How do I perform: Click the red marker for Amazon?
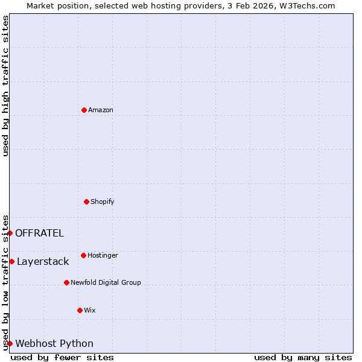[x=84, y=110]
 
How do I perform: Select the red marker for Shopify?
[x=86, y=202]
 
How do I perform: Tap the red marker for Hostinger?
[x=83, y=255]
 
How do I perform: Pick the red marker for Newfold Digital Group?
[x=66, y=282]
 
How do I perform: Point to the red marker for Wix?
[x=80, y=310]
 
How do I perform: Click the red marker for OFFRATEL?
[x=10, y=233]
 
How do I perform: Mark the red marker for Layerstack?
[x=11, y=261]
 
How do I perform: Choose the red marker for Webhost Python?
[x=10, y=343]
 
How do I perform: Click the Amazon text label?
[x=101, y=110]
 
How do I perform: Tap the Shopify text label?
[x=103, y=202]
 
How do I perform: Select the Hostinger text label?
[x=103, y=255]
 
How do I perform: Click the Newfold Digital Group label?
[x=106, y=282]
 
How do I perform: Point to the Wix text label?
[x=90, y=310]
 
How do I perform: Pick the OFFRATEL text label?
[x=39, y=233]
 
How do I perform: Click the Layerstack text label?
[x=43, y=262]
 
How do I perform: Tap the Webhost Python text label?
[x=54, y=344]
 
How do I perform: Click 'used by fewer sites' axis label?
[x=62, y=357]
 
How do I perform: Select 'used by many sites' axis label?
[x=303, y=357]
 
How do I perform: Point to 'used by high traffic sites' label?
[x=5, y=86]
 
